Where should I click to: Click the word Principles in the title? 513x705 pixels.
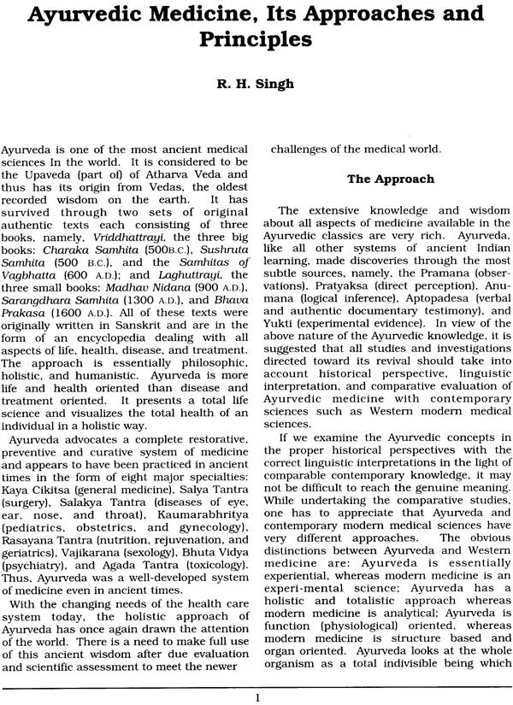click(x=256, y=40)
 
